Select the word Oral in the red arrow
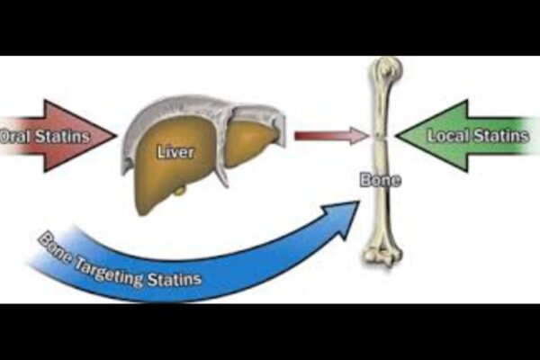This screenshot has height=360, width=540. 12,138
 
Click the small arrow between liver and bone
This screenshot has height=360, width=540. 331,136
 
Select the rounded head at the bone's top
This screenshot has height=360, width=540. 386,69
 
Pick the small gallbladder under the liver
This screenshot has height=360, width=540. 180,190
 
